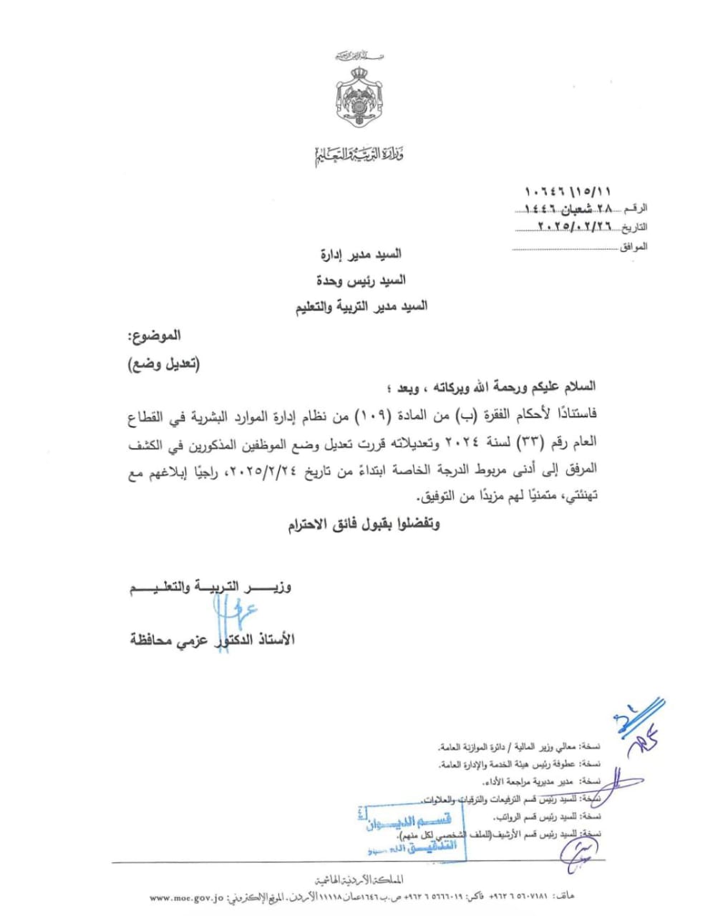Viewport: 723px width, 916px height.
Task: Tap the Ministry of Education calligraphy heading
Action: tap(360, 154)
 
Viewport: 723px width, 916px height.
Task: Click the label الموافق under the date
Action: tap(634, 246)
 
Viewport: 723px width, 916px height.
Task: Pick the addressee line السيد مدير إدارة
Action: tap(361, 254)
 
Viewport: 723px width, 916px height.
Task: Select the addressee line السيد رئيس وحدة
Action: tap(361, 280)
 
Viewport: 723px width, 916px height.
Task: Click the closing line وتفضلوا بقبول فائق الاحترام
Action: tap(364, 525)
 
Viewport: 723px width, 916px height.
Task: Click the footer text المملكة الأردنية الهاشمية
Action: tap(359, 880)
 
